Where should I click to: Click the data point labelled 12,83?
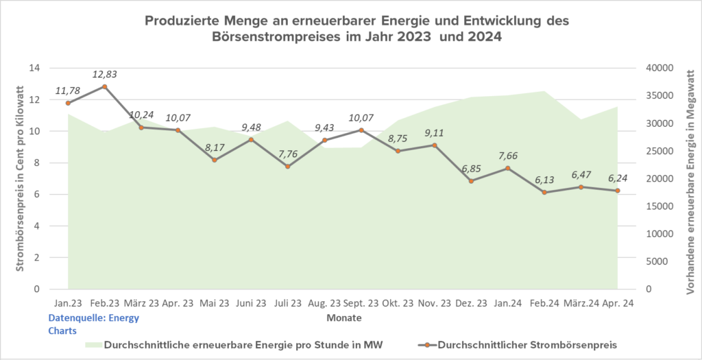pyautogui.click(x=104, y=86)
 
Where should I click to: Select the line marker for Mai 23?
pyautogui.click(x=215, y=160)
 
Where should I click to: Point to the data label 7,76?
pyautogui.click(x=287, y=152)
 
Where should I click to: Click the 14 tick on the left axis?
pyautogui.click(x=34, y=68)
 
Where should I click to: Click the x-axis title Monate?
pyautogui.click(x=343, y=319)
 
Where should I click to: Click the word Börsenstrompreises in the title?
pyautogui.click(x=280, y=38)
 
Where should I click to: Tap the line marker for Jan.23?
pyautogui.click(x=68, y=103)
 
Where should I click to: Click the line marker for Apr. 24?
pyautogui.click(x=617, y=191)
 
